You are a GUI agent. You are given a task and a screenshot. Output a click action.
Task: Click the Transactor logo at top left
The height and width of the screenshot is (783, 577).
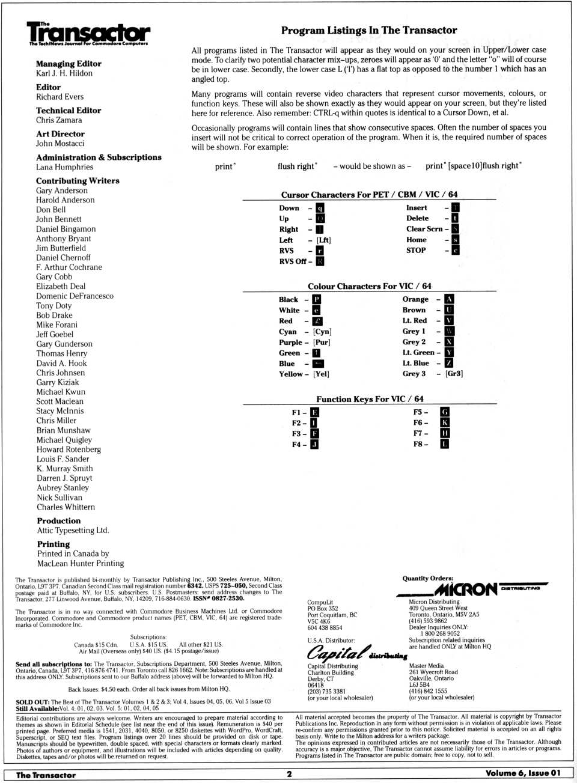tap(88, 34)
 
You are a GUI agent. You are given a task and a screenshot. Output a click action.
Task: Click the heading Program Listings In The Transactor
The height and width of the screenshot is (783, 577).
tap(368, 30)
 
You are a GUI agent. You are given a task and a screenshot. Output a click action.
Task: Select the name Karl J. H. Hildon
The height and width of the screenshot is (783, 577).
tap(64, 73)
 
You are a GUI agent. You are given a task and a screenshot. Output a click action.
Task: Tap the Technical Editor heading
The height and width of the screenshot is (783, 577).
tap(69, 111)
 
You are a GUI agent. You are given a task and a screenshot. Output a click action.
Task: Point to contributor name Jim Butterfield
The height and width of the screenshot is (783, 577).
tap(61, 248)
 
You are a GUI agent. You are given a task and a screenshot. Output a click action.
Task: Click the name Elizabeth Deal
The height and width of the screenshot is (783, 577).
tap(61, 287)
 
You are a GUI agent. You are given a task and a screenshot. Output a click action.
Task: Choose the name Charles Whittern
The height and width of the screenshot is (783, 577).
tap(66, 507)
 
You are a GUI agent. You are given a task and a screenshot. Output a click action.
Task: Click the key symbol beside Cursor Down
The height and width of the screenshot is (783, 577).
tap(320, 209)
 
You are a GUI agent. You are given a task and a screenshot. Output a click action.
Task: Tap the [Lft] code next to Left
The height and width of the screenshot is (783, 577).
tap(323, 240)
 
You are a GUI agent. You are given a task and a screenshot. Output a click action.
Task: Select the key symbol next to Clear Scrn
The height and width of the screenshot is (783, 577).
tap(456, 229)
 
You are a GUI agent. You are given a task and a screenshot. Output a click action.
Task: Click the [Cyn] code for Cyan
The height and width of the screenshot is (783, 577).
tap(322, 332)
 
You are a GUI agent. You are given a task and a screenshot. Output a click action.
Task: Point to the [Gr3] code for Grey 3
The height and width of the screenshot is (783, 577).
tap(454, 374)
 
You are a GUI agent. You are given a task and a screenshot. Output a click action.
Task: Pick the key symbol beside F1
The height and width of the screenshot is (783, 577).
tap(315, 412)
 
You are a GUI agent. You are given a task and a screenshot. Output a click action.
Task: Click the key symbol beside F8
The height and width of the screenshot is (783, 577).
tap(445, 444)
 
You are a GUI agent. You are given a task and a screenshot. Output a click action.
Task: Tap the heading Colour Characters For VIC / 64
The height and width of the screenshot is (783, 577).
tap(369, 287)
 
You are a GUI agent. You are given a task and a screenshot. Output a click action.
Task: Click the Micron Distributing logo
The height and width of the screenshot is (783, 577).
tap(472, 589)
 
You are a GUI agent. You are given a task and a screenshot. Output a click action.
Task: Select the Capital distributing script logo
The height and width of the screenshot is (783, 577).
tap(356, 653)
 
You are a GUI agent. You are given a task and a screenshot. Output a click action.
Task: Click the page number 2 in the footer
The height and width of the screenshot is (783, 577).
tap(289, 774)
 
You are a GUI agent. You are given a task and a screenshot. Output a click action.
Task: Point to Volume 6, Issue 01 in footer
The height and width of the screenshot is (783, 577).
tap(522, 773)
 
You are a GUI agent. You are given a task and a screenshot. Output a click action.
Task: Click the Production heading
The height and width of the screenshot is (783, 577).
tap(58, 521)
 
